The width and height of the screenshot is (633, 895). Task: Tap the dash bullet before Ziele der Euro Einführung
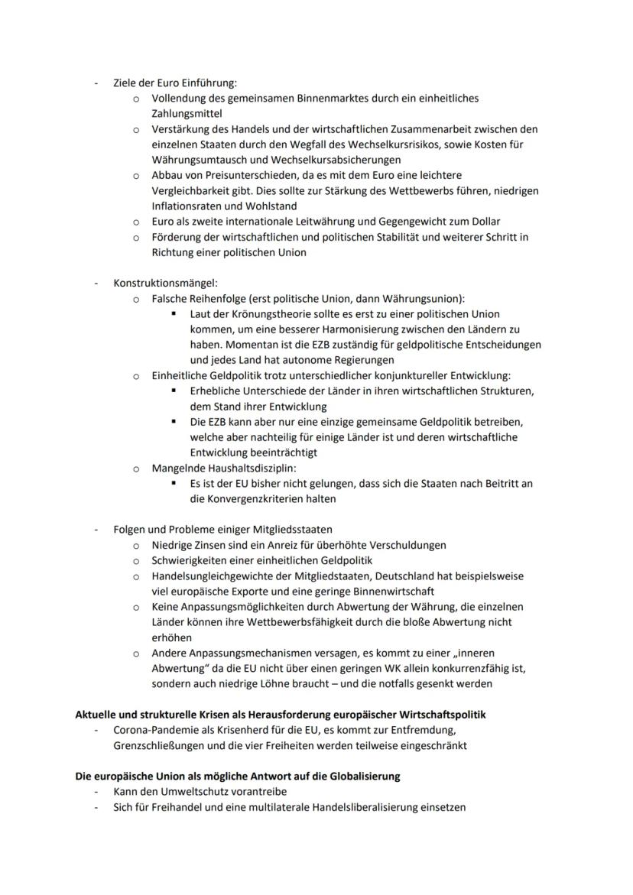(96, 83)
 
